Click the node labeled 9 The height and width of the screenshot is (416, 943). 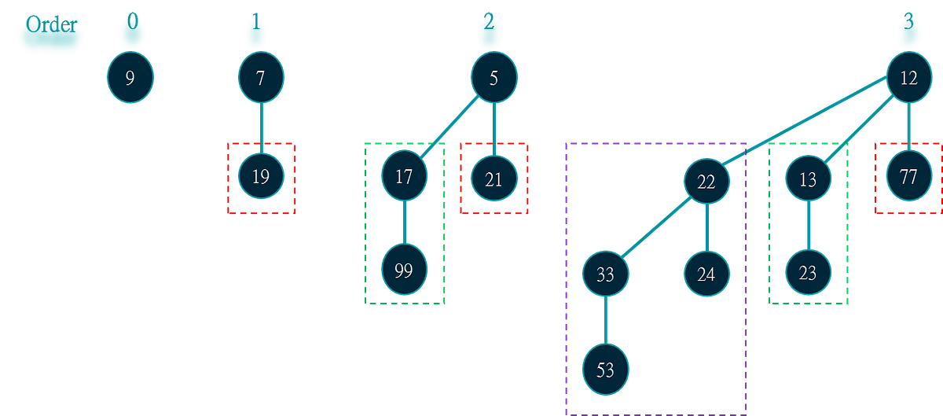pyautogui.click(x=130, y=77)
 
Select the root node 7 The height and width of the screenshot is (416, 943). pyautogui.click(x=261, y=77)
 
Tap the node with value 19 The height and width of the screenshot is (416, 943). pyautogui.click(x=261, y=177)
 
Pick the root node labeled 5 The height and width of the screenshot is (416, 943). pyautogui.click(x=494, y=77)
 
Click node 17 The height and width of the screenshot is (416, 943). pyautogui.click(x=404, y=176)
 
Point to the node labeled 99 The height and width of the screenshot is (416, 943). pyautogui.click(x=404, y=272)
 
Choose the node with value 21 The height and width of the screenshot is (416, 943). pyautogui.click(x=494, y=178)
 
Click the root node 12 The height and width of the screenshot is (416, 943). pyautogui.click(x=909, y=79)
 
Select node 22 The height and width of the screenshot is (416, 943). pyautogui.click(x=706, y=181)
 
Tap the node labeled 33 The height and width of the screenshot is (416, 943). pyautogui.click(x=605, y=275)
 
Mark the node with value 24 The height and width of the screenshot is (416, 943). pyautogui.click(x=706, y=275)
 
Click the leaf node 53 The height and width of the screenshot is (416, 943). pyautogui.click(x=605, y=370)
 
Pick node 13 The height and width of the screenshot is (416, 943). pyautogui.click(x=808, y=179)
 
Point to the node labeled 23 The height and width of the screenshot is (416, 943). pyautogui.click(x=808, y=274)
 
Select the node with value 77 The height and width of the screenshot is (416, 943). pyautogui.click(x=909, y=177)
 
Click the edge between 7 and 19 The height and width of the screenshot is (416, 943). pyautogui.click(x=261, y=127)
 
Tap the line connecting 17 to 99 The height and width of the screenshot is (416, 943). pyautogui.click(x=404, y=224)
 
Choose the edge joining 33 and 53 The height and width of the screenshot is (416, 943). pyautogui.click(x=605, y=322)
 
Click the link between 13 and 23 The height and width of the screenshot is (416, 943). pyautogui.click(x=808, y=226)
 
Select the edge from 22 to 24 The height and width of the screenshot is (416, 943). pyautogui.click(x=706, y=228)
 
